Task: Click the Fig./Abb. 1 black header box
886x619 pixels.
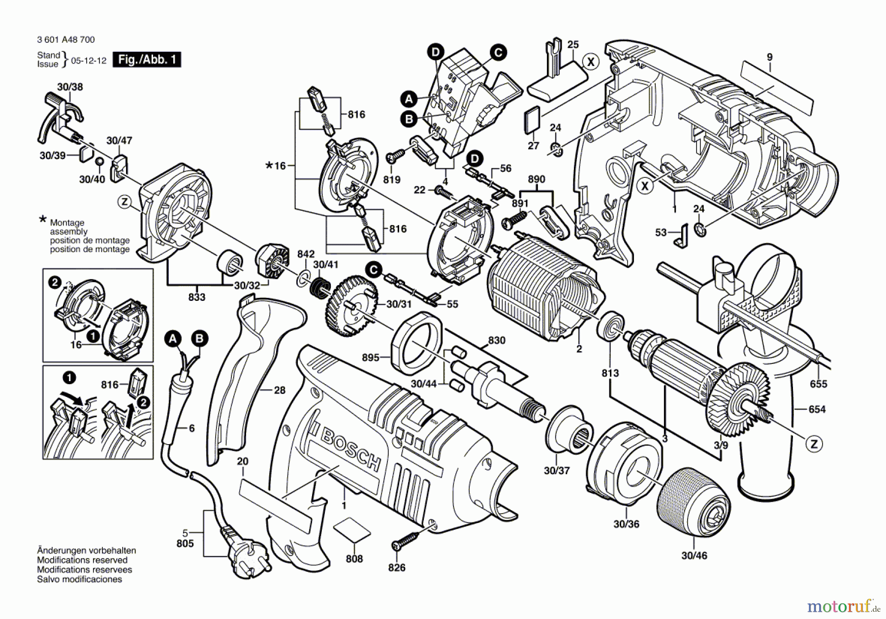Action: (147, 60)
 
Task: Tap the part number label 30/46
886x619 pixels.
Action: (694, 555)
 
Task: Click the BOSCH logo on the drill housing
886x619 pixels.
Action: (350, 451)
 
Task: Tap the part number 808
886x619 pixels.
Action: (354, 558)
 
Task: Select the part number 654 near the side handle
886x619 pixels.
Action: (817, 409)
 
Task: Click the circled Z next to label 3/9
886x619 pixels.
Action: (814, 444)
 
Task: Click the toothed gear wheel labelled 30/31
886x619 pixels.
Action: (352, 305)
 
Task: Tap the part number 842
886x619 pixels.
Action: (306, 254)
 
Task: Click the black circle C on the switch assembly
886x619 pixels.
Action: (498, 53)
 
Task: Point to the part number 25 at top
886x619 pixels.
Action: (573, 45)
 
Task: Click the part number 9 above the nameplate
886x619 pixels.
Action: (770, 57)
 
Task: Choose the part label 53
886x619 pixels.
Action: (661, 232)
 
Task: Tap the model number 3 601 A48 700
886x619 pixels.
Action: (66, 39)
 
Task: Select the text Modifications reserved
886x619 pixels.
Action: (82, 560)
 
